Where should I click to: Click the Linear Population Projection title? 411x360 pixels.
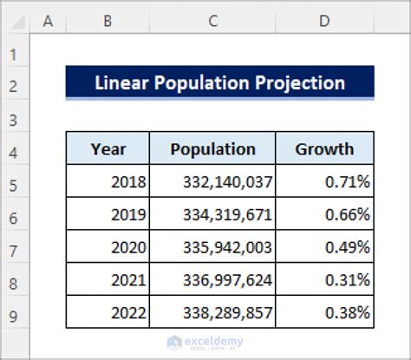tap(219, 83)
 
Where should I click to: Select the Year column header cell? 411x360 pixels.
tap(108, 149)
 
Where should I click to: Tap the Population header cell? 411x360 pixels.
tap(212, 149)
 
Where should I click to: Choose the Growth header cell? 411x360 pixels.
tap(324, 149)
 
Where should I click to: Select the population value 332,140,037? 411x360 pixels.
tap(228, 182)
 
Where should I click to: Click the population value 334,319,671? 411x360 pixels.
tap(228, 214)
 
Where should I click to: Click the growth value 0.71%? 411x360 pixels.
tap(347, 182)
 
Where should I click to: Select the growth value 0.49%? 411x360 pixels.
tap(347, 246)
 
